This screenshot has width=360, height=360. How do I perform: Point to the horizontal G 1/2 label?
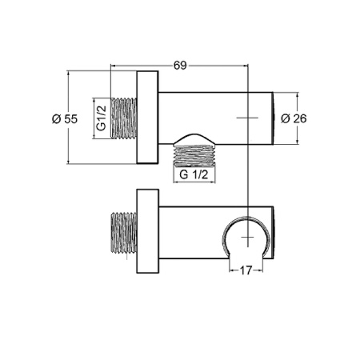[195, 174]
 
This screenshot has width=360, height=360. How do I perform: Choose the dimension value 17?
[246, 270]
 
